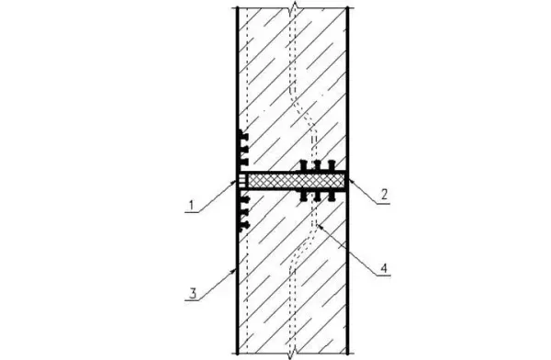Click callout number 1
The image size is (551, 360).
pyautogui.click(x=192, y=205)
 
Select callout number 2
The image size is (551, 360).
pyautogui.click(x=384, y=194)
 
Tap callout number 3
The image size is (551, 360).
pyautogui.click(x=193, y=293)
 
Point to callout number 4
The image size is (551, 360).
pyautogui.click(x=384, y=268)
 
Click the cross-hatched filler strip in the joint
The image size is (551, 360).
pyautogui.click(x=296, y=181)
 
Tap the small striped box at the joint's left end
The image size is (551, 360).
pyautogui.click(x=242, y=181)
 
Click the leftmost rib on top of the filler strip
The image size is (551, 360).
pyautogui.click(x=304, y=166)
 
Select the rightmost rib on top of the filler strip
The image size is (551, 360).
pyautogui.click(x=331, y=166)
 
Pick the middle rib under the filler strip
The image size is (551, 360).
pyautogui.click(x=318, y=196)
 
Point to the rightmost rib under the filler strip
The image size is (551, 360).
pyautogui.click(x=331, y=196)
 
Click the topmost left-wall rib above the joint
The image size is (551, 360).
pyautogui.click(x=243, y=136)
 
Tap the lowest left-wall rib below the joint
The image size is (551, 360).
pyautogui.click(x=244, y=225)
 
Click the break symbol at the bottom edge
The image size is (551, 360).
pyautogui.click(x=292, y=354)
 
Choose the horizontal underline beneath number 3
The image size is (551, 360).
pyautogui.click(x=193, y=300)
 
